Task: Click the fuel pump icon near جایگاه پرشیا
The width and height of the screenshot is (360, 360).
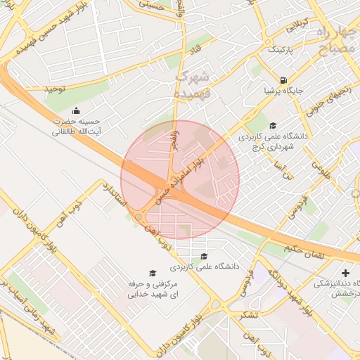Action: (283, 80)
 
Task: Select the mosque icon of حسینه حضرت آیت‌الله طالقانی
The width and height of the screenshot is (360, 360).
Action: (77, 111)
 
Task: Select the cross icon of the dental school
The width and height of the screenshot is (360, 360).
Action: (345, 273)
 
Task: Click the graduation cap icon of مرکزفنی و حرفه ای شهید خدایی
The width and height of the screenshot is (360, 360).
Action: (151, 274)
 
